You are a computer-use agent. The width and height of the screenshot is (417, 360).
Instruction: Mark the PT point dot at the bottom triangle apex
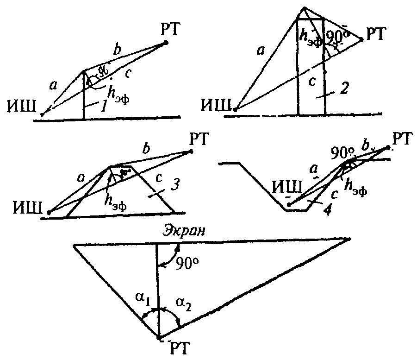158,337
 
